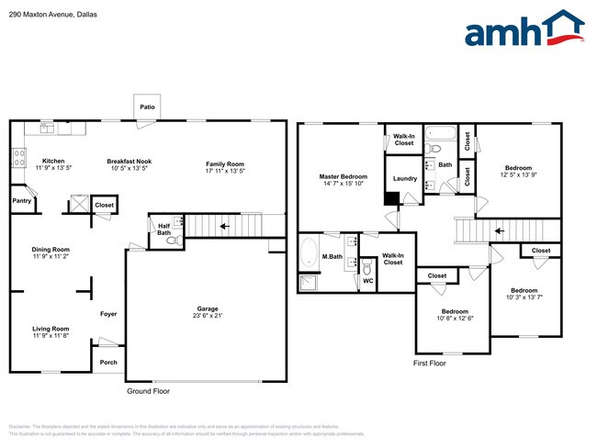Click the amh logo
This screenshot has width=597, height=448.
point(524,29)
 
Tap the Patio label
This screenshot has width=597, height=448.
point(147,107)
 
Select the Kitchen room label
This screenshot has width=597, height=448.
point(52,161)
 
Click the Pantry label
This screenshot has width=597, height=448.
point(21,200)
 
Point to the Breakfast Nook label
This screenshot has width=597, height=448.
point(128,161)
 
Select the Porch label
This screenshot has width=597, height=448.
point(108,362)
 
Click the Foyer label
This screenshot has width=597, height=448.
point(108,314)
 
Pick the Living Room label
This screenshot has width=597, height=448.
point(51,329)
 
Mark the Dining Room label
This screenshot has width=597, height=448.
point(51,249)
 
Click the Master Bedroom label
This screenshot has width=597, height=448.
point(344,176)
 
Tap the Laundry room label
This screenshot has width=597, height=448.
point(405,178)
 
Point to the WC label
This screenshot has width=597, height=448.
point(368,281)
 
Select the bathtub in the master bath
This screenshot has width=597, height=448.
point(309,253)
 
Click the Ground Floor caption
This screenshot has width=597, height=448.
point(147,391)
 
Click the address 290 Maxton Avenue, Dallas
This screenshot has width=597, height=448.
point(52,16)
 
